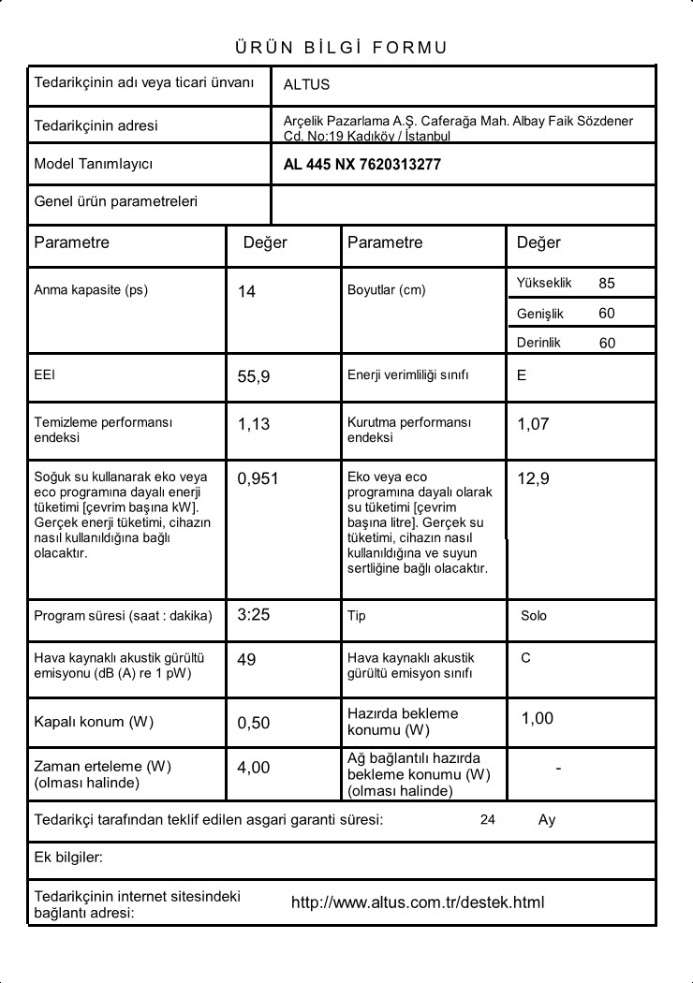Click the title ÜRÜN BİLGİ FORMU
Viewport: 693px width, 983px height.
(341, 48)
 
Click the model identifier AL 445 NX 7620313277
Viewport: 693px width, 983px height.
(361, 165)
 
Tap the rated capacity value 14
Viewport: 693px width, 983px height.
(246, 292)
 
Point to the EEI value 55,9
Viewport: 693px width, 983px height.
(254, 377)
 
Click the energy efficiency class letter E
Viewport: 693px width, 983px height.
(522, 375)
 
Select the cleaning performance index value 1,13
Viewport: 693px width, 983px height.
(254, 424)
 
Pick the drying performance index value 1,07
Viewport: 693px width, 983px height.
(533, 424)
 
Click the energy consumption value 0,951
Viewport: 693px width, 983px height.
(258, 479)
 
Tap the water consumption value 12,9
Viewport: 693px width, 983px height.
(533, 479)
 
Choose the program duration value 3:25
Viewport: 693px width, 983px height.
(254, 615)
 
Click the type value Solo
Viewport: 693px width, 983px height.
(534, 616)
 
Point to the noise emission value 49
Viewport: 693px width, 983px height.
(246, 660)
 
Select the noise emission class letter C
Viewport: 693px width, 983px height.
(525, 658)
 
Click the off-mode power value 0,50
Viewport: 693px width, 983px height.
(254, 723)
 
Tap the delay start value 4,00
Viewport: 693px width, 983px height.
(254, 768)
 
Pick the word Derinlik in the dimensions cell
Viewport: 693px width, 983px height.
(538, 343)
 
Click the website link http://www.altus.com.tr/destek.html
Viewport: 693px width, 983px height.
(418, 902)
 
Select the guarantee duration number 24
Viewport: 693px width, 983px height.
(487, 820)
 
